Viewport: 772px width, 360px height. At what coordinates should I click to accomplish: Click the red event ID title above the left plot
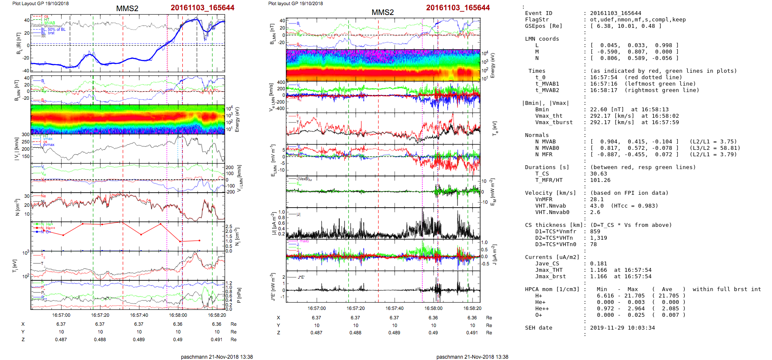(202, 8)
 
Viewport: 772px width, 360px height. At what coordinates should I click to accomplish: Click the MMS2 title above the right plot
(383, 12)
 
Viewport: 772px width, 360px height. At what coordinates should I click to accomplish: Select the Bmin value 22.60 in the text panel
(599, 110)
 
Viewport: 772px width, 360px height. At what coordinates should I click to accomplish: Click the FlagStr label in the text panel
(537, 20)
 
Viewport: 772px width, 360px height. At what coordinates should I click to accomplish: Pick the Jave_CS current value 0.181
(598, 264)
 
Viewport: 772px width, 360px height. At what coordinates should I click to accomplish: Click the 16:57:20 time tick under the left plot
(100, 315)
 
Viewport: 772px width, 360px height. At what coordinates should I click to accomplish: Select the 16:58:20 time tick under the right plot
(472, 308)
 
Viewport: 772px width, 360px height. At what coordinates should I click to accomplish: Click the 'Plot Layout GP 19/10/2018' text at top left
(40, 3)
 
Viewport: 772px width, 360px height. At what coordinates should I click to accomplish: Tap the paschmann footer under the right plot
(472, 357)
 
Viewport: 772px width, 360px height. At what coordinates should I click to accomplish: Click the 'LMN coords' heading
(542, 39)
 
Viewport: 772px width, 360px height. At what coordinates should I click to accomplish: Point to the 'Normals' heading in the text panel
(537, 135)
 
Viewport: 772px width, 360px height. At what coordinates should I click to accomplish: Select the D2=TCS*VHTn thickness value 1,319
(598, 238)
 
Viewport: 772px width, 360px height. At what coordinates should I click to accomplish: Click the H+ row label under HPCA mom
(538, 296)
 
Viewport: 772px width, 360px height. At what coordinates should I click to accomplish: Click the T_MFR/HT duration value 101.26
(600, 180)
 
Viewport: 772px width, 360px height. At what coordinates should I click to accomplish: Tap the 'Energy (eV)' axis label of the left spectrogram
(237, 119)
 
